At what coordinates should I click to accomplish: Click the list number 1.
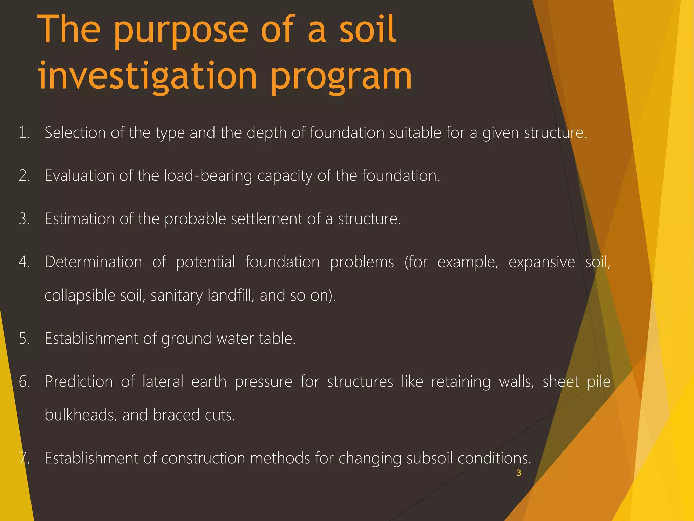[x=24, y=133]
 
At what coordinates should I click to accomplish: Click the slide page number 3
[x=518, y=473]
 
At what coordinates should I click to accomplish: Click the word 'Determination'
[x=93, y=262]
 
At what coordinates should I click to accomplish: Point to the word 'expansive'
[x=542, y=262]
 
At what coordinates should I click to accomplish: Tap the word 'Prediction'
[x=79, y=382]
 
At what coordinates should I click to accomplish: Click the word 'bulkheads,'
[x=81, y=415]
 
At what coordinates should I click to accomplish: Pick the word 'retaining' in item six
[x=461, y=382]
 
